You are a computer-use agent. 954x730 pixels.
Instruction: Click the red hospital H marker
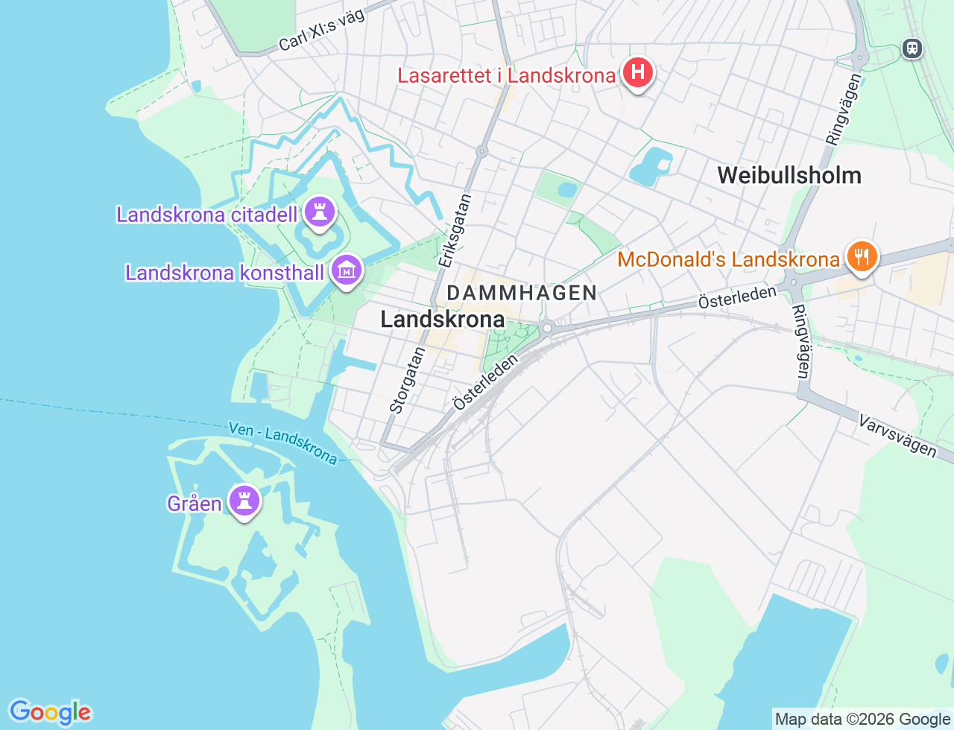(x=637, y=73)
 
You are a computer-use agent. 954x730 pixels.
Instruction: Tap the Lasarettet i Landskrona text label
(x=506, y=75)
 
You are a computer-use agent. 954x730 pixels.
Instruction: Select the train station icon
(x=912, y=48)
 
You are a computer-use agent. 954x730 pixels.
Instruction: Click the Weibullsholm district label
(x=789, y=176)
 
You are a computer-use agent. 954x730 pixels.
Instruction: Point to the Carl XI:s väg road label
(x=322, y=31)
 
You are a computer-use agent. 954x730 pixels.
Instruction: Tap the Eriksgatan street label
(x=455, y=230)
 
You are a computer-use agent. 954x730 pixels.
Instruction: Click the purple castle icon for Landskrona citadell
(x=320, y=212)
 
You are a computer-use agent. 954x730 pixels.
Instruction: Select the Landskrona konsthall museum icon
(x=346, y=270)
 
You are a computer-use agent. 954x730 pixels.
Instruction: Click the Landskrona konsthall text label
(x=224, y=273)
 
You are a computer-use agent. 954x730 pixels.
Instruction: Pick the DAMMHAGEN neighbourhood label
(x=522, y=293)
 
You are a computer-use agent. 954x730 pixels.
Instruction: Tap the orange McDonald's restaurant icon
(x=862, y=256)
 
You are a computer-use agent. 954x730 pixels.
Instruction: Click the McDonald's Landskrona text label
(x=728, y=259)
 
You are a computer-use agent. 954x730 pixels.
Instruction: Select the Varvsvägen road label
(x=897, y=436)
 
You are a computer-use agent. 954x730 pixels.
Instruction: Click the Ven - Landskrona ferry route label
(x=283, y=442)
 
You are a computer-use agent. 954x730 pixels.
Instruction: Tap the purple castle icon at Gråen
(x=244, y=501)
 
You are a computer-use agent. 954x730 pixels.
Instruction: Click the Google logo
(x=50, y=712)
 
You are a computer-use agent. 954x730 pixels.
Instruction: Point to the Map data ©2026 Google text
(x=862, y=719)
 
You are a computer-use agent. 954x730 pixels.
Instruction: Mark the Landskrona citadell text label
(x=206, y=215)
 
